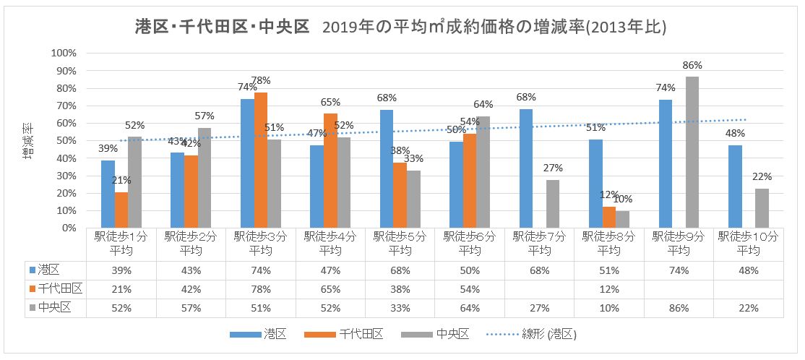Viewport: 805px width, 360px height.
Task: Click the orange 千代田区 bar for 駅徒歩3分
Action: [x=261, y=160]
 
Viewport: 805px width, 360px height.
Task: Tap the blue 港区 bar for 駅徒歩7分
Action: [x=525, y=168]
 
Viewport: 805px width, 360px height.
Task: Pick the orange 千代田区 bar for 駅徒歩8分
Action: [x=609, y=218]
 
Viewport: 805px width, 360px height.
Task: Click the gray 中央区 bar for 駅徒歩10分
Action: [x=762, y=208]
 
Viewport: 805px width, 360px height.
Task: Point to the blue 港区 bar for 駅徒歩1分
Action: [x=108, y=194]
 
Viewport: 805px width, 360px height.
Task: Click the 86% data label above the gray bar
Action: [x=692, y=65]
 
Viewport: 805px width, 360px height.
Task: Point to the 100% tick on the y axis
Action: [x=64, y=53]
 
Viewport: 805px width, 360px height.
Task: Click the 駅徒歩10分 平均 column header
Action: [x=748, y=243]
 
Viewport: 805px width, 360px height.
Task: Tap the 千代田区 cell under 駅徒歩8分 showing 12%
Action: [x=609, y=289]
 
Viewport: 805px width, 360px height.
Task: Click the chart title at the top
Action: [x=400, y=27]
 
